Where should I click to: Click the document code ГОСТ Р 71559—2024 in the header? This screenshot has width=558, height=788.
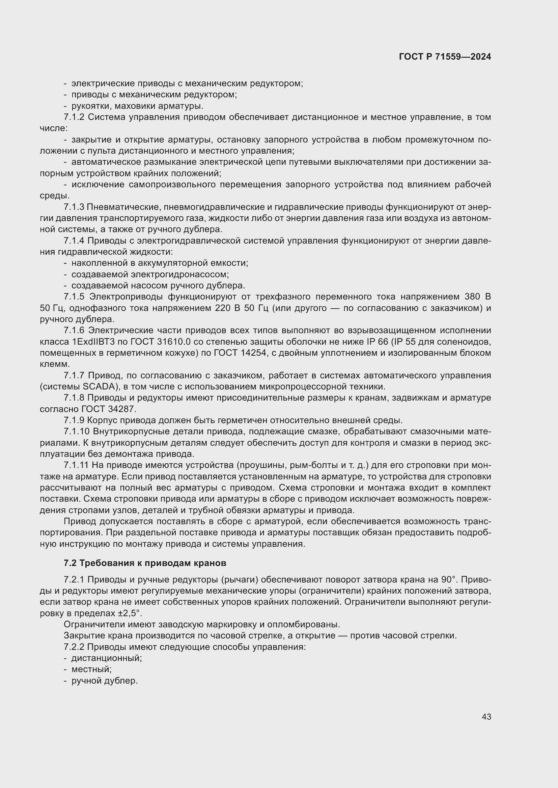[x=445, y=57]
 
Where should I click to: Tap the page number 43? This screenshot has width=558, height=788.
[x=486, y=717]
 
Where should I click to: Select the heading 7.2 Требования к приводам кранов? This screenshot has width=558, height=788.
[x=145, y=563]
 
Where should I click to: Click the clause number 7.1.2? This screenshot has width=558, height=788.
[x=74, y=117]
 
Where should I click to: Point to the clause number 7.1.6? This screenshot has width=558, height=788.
[x=74, y=330]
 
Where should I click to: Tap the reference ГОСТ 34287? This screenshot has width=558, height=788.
[x=109, y=409]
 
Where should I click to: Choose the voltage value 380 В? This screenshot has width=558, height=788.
[x=478, y=297]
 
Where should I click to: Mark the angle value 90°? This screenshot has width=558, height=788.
[x=448, y=580]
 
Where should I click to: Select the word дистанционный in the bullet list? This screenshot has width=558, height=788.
[x=107, y=658]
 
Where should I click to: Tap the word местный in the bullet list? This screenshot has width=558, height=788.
[x=91, y=669]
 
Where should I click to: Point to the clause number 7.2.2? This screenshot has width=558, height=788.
[x=74, y=647]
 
